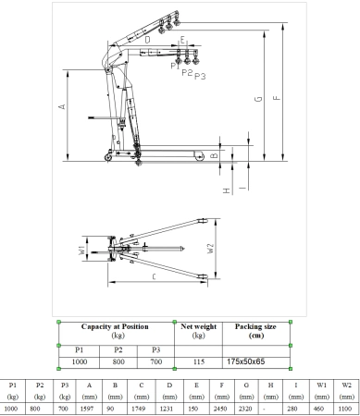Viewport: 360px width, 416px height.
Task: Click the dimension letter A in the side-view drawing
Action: tap(63, 107)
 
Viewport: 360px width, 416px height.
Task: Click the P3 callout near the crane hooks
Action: tap(201, 75)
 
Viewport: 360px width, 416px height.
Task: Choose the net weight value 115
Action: tap(197, 362)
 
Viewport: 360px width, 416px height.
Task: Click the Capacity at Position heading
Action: tap(117, 326)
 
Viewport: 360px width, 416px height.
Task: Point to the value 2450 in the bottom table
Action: tap(220, 408)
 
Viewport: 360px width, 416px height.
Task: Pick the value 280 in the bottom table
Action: tap(294, 408)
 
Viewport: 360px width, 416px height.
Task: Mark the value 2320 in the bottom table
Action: tap(245, 408)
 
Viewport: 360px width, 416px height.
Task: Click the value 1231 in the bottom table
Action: tap(170, 408)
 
